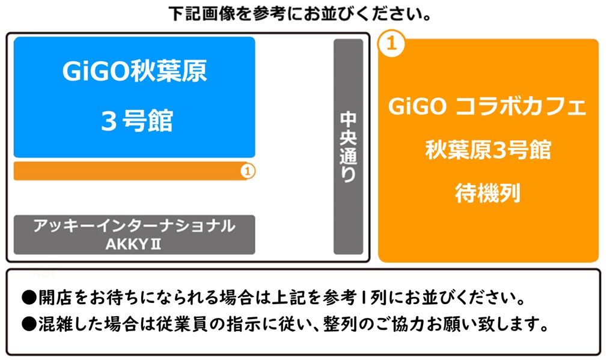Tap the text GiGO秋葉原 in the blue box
click(x=134, y=72)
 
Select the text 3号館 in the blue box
click(x=136, y=121)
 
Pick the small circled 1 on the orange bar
click(x=248, y=171)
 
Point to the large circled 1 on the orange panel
click(x=392, y=44)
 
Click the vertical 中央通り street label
click(x=348, y=147)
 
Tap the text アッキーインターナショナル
click(x=134, y=226)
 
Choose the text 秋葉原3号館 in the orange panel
click(x=487, y=150)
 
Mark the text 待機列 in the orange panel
click(x=487, y=193)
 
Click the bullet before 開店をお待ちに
click(x=29, y=297)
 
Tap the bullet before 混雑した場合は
click(x=29, y=325)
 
